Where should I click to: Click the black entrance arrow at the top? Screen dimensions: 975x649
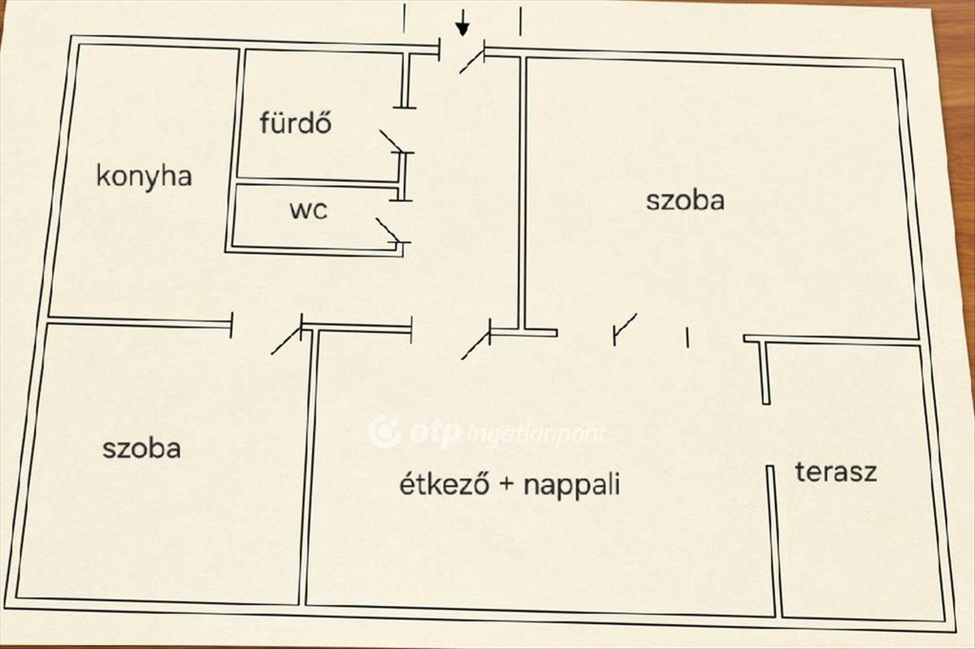(x=462, y=23)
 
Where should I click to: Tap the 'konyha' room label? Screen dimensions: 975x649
(x=144, y=177)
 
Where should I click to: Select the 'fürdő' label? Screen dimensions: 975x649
(x=296, y=123)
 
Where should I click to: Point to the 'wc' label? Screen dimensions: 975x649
(x=308, y=210)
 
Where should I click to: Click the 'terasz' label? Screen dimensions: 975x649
(x=836, y=472)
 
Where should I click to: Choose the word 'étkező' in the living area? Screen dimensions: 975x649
(x=444, y=484)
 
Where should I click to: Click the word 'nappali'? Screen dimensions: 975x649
(x=572, y=487)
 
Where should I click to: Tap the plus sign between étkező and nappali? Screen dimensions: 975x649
(x=506, y=486)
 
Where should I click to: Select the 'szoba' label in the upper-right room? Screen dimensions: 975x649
(x=685, y=201)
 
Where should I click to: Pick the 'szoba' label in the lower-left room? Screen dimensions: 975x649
(x=142, y=448)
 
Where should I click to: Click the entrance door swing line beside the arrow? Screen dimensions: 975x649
(x=472, y=62)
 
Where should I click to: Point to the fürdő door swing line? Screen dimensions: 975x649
(x=391, y=141)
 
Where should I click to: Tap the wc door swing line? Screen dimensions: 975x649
(x=388, y=230)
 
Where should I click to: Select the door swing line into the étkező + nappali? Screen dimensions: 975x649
(x=475, y=346)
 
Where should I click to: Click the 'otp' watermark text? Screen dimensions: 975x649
(x=435, y=433)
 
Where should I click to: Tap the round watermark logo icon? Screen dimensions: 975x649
(x=383, y=431)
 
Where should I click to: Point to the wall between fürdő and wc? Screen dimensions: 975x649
(x=318, y=183)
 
